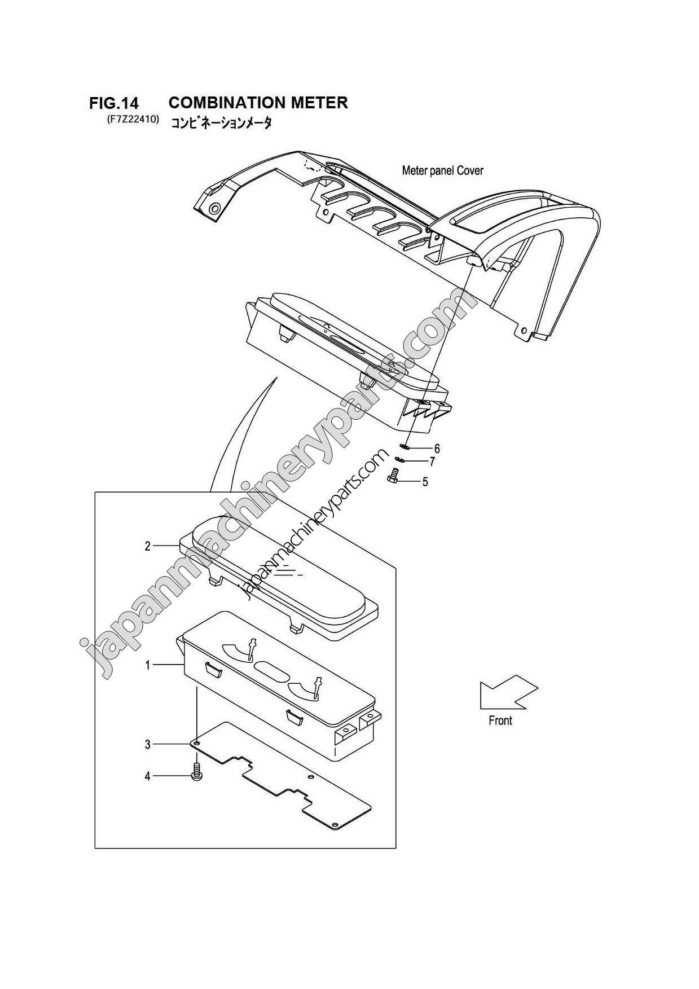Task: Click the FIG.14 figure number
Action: (x=113, y=103)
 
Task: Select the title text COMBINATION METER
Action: (x=258, y=103)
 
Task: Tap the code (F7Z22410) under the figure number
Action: (x=131, y=120)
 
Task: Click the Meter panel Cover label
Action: (x=442, y=170)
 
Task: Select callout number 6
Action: (x=437, y=449)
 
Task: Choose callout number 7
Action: (x=432, y=462)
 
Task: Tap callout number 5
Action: (x=425, y=482)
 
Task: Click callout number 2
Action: (x=148, y=546)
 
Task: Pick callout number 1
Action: (x=148, y=666)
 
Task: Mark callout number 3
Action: (x=148, y=745)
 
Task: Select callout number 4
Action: (x=148, y=776)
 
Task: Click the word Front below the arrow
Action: (x=500, y=720)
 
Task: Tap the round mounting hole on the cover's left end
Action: (x=213, y=209)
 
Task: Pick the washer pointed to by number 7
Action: (x=401, y=459)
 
